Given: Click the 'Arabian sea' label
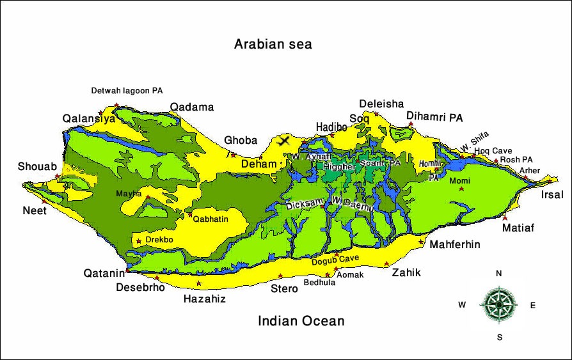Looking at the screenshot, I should coord(273,44).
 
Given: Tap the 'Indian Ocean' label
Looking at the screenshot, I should coord(301,321).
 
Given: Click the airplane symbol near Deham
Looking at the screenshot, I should coord(284,140).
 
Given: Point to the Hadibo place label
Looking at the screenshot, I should coord(331,127).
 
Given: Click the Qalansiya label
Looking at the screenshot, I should coord(89,119).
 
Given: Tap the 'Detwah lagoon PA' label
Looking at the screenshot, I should coord(127,91).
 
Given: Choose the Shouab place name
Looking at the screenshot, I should coord(37,167).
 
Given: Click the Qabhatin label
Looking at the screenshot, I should coord(211,219).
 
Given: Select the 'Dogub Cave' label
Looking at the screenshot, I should coord(335,260).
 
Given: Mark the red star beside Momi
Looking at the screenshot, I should coord(461,189).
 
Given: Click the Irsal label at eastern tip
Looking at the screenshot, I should coord(552,195).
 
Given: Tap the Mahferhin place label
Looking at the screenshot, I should coord(454,244).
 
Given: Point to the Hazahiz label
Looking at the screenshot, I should coord(204,299).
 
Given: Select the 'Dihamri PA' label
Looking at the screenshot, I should coord(434,118).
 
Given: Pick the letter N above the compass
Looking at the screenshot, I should coord(498,274).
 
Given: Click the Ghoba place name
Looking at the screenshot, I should coord(240,141).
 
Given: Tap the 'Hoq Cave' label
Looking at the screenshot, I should coord(493,151).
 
